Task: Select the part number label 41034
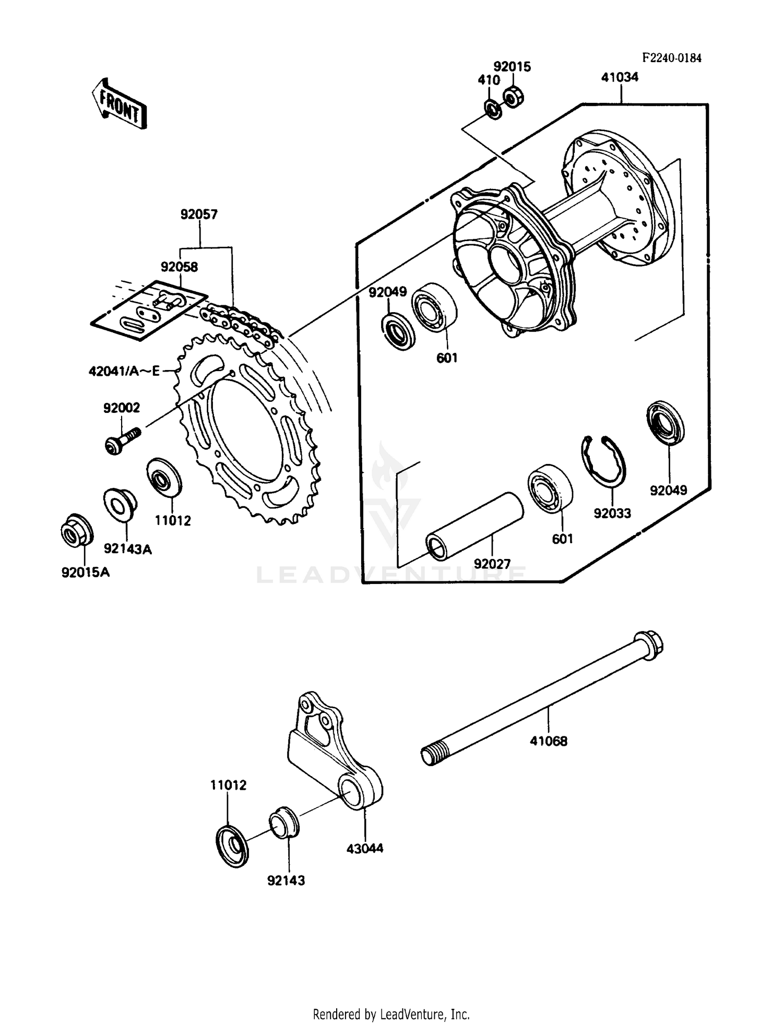tap(620, 78)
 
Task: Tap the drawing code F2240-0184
tap(671, 58)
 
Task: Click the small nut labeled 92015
tap(514, 97)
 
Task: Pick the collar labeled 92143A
tap(120, 504)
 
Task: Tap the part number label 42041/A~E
tap(124, 372)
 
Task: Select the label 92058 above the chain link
tap(179, 267)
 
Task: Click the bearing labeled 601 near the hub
tap(434, 308)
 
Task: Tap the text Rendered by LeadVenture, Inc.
tap(391, 1014)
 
